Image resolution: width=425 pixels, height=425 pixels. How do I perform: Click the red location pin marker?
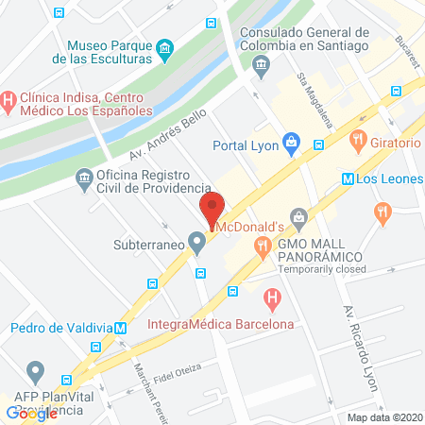(212, 207)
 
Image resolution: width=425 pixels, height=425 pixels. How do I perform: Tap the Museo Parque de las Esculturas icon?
(165, 48)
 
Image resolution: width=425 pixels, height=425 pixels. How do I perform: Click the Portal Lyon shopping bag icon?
(292, 144)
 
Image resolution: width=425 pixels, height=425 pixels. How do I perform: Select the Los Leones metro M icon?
(347, 178)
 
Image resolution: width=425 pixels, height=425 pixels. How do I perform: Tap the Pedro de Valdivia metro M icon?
(121, 328)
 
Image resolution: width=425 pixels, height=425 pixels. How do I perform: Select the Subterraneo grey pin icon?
(196, 244)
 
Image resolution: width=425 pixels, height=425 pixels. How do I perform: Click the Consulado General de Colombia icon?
(261, 63)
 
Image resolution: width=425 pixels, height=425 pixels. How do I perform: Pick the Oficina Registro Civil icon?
(83, 178)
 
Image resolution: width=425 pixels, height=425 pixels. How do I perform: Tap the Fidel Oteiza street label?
(167, 375)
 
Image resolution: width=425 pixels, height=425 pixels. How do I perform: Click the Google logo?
(32, 413)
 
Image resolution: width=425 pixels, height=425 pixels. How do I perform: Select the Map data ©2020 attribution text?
(384, 417)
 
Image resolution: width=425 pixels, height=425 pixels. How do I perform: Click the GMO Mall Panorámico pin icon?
(298, 219)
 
